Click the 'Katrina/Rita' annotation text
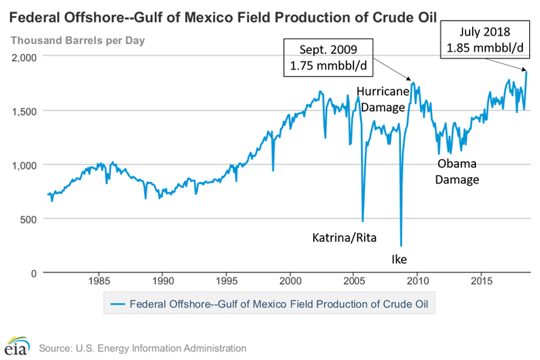(345, 237)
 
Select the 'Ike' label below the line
(399, 259)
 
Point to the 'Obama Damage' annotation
(458, 172)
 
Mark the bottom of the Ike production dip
(401, 245)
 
